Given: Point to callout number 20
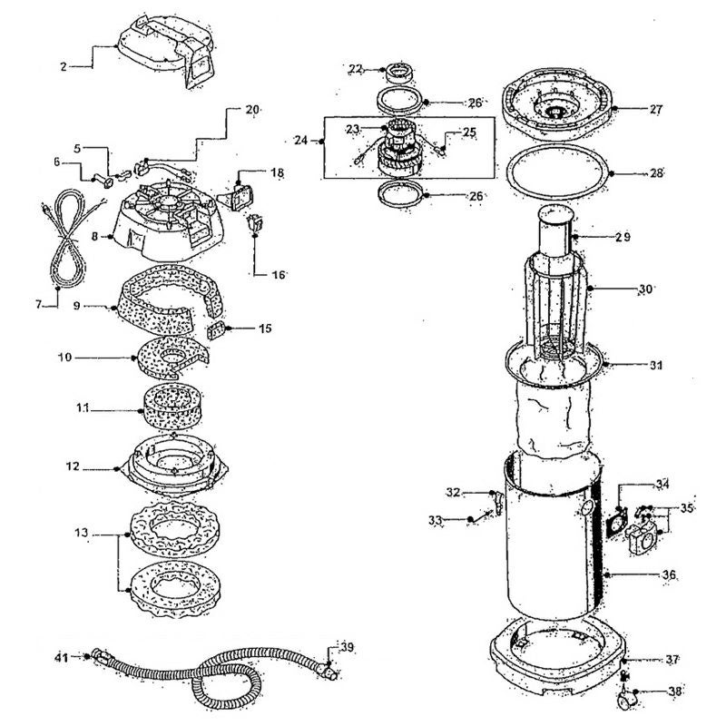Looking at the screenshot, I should click(251, 109).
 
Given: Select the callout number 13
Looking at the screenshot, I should click(81, 534).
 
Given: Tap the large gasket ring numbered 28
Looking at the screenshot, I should click(554, 172).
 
